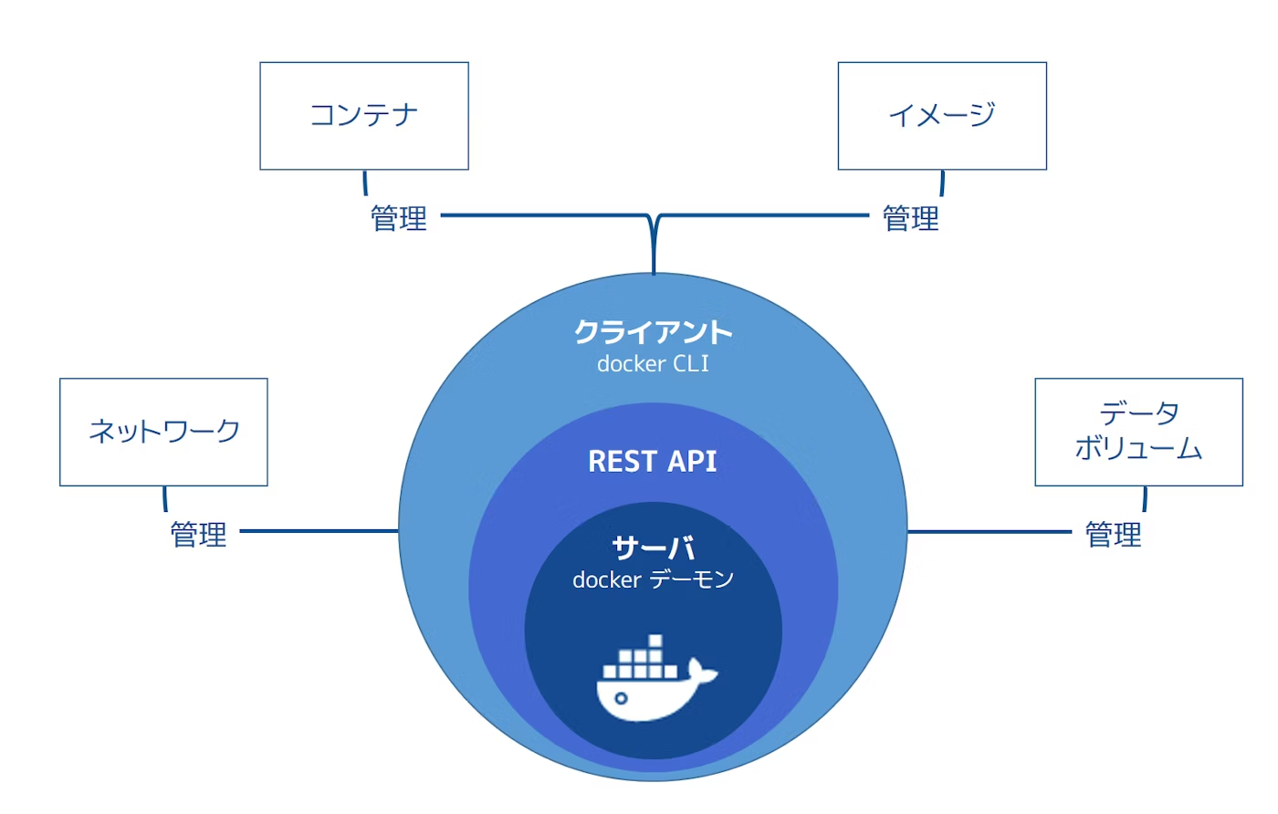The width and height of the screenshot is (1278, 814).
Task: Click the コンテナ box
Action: tap(364, 116)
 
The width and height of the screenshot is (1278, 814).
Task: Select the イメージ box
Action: tap(942, 116)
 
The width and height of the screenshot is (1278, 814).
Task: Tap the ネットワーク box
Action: tap(163, 432)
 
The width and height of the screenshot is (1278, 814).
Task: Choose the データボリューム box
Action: tap(1139, 432)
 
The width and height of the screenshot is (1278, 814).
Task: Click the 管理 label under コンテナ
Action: tap(399, 218)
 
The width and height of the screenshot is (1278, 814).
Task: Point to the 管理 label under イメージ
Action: tap(911, 218)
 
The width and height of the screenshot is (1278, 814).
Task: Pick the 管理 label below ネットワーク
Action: tap(199, 535)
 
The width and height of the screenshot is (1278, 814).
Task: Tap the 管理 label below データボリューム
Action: tap(1113, 535)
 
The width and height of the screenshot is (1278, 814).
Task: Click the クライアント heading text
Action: tap(654, 332)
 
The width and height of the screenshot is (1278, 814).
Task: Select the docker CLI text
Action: tap(654, 364)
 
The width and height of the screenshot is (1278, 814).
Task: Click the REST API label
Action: tap(653, 462)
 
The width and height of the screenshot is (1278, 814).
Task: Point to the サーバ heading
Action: tap(654, 548)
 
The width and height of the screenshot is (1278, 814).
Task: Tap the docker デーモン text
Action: tap(654, 579)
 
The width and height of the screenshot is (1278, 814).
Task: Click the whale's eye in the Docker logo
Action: tap(621, 697)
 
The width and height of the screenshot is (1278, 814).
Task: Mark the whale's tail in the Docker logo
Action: tap(703, 672)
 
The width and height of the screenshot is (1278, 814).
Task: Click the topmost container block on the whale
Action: tap(655, 642)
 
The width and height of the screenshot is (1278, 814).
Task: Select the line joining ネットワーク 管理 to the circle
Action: tap(319, 531)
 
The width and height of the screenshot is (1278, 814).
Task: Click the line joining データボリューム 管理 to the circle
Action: tap(990, 532)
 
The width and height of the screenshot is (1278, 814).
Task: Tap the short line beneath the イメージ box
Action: tap(942, 183)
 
